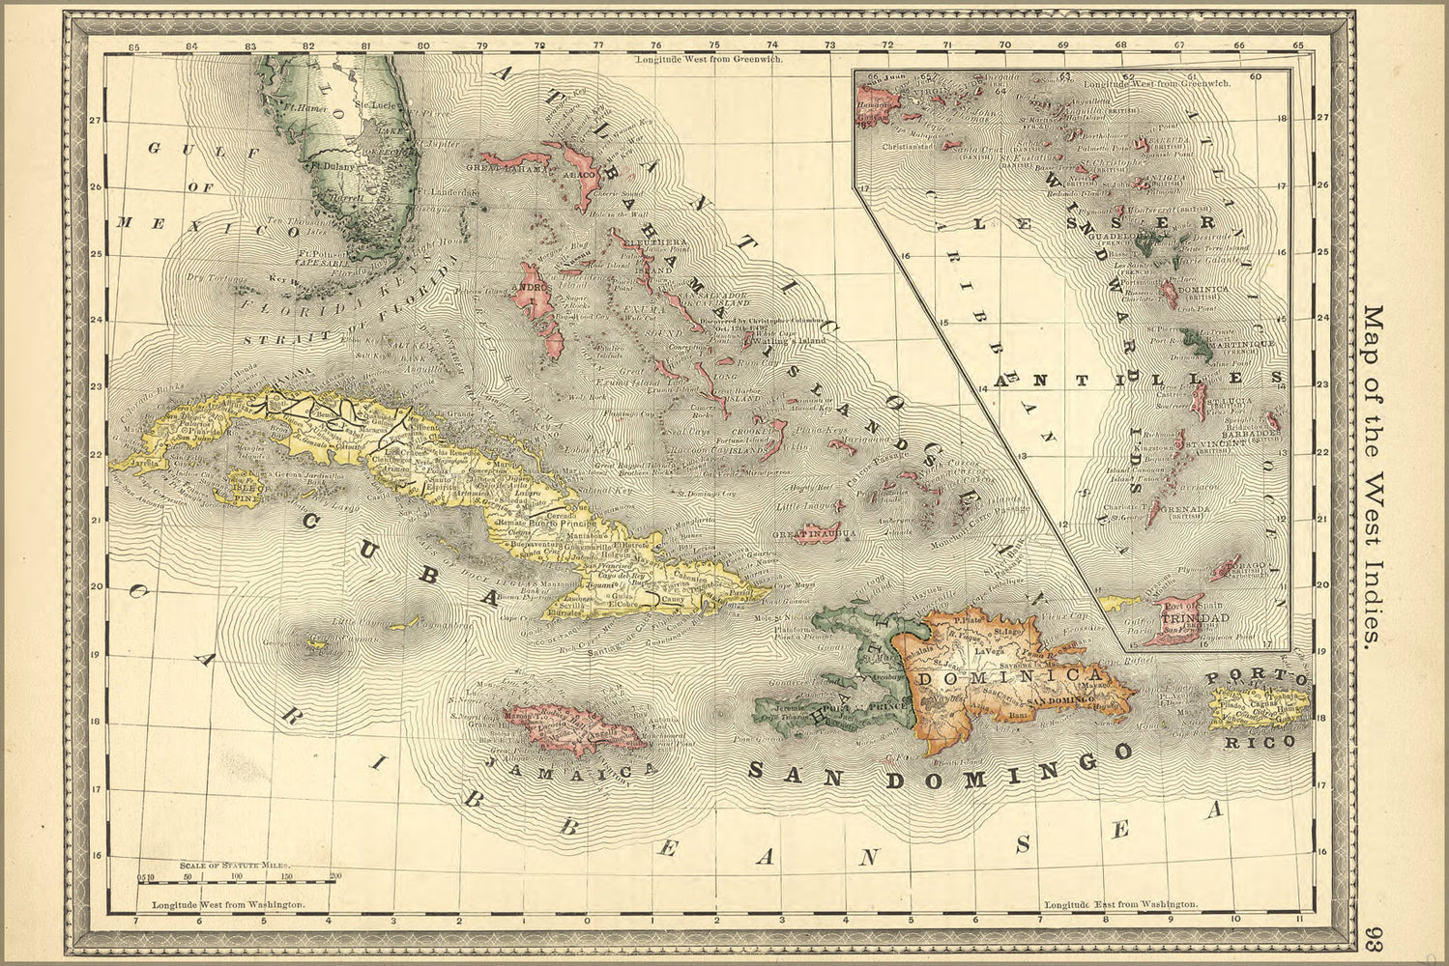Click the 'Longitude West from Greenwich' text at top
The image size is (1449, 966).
point(708,59)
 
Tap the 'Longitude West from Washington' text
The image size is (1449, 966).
point(229,905)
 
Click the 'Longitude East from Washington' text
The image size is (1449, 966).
point(1121,905)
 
